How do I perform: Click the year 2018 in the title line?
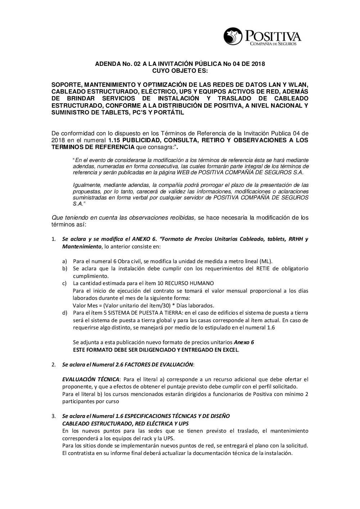click(x=258, y=64)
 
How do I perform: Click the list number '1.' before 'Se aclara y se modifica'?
click(x=53, y=239)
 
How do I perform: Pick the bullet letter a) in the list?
click(x=65, y=261)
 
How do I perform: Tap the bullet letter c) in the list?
click(x=65, y=283)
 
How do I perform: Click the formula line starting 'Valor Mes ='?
click(x=143, y=306)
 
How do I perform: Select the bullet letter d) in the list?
click(x=65, y=313)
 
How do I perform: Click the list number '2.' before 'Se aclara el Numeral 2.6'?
click(x=53, y=365)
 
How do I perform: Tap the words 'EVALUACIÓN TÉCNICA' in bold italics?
click(x=91, y=379)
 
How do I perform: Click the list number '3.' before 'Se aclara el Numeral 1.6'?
click(x=53, y=416)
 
